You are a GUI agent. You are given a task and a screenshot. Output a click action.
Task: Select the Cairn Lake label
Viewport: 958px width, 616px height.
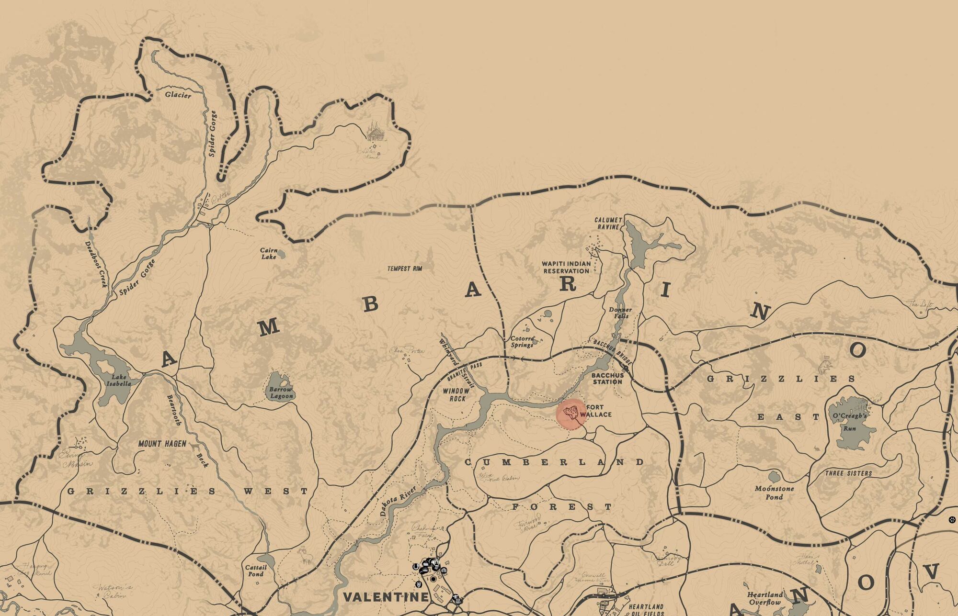(x=269, y=253)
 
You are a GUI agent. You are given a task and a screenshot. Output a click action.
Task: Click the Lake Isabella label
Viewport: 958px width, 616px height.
(x=118, y=380)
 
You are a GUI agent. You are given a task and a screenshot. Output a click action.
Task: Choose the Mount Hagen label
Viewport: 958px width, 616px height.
(x=162, y=444)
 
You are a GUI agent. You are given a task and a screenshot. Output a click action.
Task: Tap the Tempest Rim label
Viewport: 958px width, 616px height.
(x=405, y=269)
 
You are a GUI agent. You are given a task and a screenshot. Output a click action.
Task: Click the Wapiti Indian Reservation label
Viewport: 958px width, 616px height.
(x=566, y=267)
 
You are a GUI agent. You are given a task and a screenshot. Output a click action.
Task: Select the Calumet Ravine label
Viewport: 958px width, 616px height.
(x=608, y=223)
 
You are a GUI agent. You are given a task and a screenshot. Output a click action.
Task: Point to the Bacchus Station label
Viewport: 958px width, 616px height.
(x=608, y=378)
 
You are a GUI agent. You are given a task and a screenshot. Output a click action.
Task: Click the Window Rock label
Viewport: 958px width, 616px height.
(x=456, y=394)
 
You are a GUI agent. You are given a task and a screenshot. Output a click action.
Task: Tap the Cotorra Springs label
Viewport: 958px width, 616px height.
(x=522, y=341)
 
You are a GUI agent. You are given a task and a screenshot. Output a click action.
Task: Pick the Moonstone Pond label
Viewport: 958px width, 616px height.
(x=774, y=493)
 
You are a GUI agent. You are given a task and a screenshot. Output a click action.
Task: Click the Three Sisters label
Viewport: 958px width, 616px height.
(x=848, y=473)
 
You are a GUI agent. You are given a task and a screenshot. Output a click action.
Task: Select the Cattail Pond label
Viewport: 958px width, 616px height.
(x=255, y=571)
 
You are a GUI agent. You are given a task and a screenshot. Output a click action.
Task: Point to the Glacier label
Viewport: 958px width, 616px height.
(x=178, y=95)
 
